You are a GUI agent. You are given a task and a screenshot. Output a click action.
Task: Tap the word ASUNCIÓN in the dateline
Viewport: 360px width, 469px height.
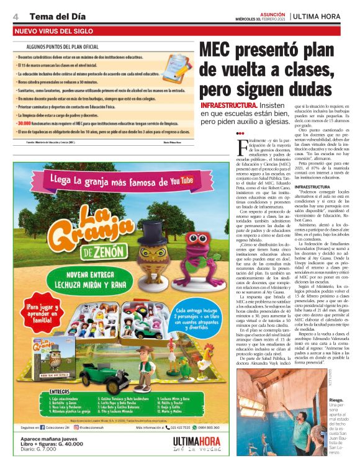[x=273, y=12]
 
